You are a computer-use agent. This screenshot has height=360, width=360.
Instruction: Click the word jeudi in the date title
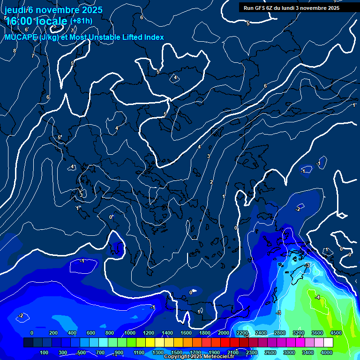(x=15, y=10)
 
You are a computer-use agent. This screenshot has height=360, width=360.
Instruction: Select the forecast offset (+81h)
(x=81, y=21)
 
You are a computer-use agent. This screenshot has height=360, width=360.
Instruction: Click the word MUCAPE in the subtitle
(x=18, y=37)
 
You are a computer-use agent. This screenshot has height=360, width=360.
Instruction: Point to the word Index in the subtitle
(x=153, y=37)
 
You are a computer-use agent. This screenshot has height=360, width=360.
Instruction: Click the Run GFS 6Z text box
(x=292, y=8)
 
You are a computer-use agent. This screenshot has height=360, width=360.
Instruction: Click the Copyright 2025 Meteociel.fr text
(x=199, y=357)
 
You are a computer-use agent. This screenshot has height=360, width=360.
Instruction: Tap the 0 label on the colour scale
(x=32, y=333)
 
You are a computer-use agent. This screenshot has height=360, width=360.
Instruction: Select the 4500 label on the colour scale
(x=335, y=333)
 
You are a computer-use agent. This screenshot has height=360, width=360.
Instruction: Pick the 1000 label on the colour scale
(x=130, y=333)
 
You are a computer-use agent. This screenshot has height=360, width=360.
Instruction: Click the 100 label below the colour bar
(x=44, y=352)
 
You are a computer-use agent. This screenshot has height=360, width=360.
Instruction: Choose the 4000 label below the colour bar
(x=327, y=352)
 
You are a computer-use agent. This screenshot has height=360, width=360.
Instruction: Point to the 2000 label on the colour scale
(x=224, y=333)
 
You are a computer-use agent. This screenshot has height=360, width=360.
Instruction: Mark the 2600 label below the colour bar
(x=270, y=352)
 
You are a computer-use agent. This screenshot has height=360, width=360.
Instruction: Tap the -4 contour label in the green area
(x=317, y=297)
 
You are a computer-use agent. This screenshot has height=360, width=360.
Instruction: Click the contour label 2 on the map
(x=211, y=182)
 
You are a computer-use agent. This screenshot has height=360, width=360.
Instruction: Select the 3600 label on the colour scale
(x=317, y=333)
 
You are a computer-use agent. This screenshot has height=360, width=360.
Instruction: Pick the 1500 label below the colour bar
(x=177, y=352)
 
